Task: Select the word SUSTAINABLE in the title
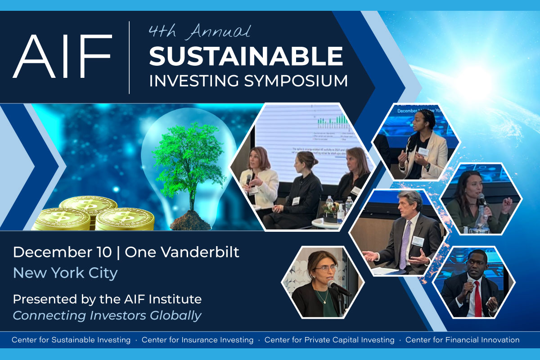click(x=246, y=56)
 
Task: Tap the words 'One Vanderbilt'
click(x=182, y=252)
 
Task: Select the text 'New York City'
click(x=65, y=273)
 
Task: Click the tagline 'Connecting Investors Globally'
click(x=107, y=315)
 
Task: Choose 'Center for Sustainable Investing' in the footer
click(x=71, y=340)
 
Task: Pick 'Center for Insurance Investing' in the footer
click(x=197, y=340)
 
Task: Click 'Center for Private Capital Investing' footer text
click(x=329, y=340)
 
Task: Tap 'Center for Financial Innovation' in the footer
click(x=462, y=340)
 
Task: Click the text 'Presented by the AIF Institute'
click(x=107, y=298)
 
